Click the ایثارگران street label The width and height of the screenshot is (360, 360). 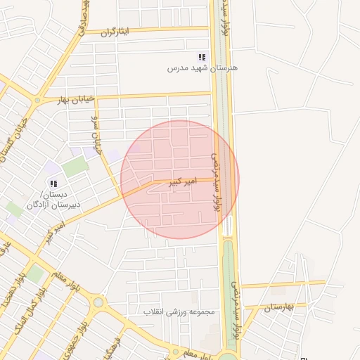pyautogui.click(x=116, y=32)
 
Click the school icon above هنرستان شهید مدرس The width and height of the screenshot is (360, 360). pyautogui.click(x=202, y=57)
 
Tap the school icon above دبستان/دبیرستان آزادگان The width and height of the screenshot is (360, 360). pyautogui.click(x=53, y=184)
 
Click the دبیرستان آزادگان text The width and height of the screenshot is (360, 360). pyautogui.click(x=53, y=205)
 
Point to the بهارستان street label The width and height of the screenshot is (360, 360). pyautogui.click(x=278, y=308)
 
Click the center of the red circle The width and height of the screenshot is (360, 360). pyautogui.click(x=180, y=179)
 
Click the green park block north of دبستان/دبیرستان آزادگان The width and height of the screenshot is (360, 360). pyautogui.click(x=75, y=167)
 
